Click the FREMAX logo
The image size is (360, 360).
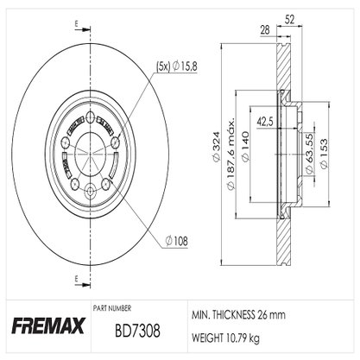pos(48,325)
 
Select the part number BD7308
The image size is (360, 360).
pos(137,331)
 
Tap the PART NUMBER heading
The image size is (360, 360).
pos(112,308)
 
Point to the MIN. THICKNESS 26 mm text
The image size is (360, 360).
pos(238,315)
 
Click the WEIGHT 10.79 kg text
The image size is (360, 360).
pos(225,338)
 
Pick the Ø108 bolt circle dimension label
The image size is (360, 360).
pos(176,241)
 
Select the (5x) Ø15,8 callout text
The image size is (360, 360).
pos(177,66)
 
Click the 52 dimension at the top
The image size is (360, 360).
pos(290,20)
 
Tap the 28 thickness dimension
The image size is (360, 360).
pos(265,30)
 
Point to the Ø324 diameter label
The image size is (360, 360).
pos(216,146)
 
